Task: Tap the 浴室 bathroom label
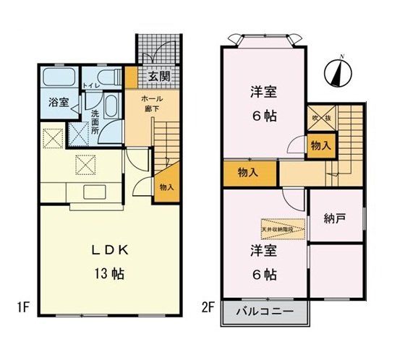click(59, 103)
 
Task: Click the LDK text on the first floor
click(110, 250)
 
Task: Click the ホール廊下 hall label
click(151, 103)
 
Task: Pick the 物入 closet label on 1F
click(166, 187)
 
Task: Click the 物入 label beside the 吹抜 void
click(320, 145)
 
